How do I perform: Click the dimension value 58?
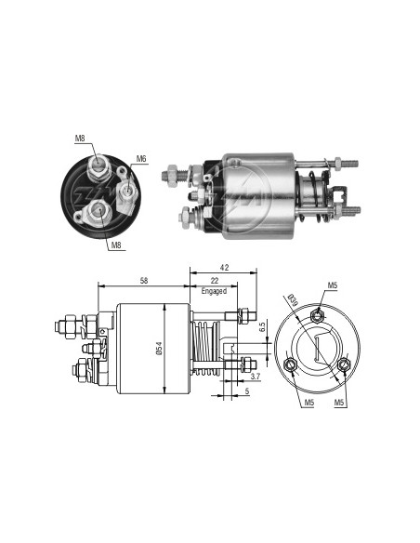tap(144, 281)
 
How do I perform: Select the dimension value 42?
tap(224, 268)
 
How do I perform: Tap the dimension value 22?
tap(215, 281)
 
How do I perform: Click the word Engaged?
tap(214, 291)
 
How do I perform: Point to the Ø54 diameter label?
tap(159, 349)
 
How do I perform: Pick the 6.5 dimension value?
tap(262, 327)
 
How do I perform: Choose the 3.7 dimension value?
tap(256, 377)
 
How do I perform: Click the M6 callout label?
tap(141, 159)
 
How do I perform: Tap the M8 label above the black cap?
tap(80, 139)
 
